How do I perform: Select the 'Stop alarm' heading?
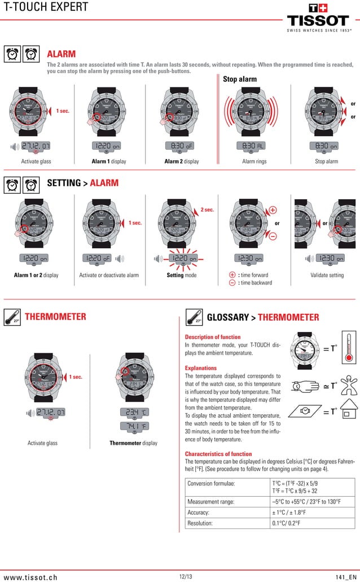[240, 79]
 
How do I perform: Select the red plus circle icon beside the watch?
[273, 210]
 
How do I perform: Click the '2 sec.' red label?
[208, 210]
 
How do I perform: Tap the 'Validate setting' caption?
[327, 275]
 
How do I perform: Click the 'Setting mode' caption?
[182, 275]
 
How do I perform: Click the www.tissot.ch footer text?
[30, 577]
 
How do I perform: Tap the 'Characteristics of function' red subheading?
[218, 454]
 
